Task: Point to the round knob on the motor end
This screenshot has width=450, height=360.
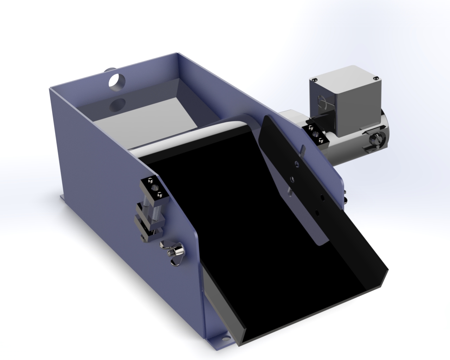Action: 377,141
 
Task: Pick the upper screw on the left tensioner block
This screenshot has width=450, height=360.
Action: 150,181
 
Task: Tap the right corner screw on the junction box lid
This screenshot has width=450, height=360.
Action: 376,78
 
